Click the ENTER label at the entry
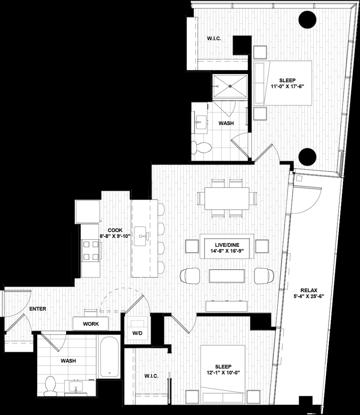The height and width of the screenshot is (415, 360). [x=38, y=309]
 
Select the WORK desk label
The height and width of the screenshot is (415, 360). [x=91, y=324]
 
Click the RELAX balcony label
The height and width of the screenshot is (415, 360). [x=309, y=290]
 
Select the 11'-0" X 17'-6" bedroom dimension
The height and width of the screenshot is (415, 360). [x=287, y=86]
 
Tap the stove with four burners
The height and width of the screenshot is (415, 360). [x=90, y=250]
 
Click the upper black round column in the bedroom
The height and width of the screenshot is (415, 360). [x=308, y=19]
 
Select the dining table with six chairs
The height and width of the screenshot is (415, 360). [x=227, y=198]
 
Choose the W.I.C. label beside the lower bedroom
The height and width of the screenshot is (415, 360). [x=152, y=376]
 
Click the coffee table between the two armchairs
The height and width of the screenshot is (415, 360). [x=227, y=276]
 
